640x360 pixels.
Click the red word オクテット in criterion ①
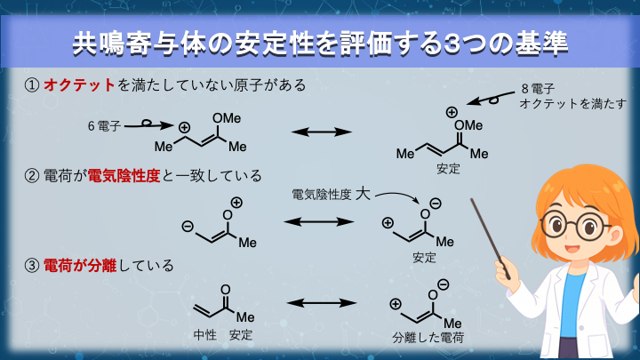click(80, 85)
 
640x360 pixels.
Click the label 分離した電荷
click(427, 339)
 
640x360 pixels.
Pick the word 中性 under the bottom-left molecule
click(205, 335)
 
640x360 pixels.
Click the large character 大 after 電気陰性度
click(362, 193)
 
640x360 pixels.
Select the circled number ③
click(31, 265)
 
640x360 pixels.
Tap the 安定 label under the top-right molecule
click(449, 168)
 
